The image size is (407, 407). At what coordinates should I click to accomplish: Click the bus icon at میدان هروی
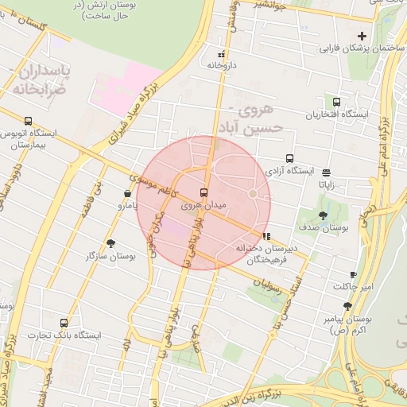[204, 192]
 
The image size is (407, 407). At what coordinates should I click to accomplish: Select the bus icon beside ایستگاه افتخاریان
[336, 103]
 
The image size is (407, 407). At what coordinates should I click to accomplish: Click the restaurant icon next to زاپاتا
[327, 171]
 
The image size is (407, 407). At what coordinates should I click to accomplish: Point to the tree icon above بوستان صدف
[324, 215]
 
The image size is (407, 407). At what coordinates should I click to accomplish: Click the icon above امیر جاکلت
[353, 275]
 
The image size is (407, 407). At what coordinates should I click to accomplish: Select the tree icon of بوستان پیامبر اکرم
[347, 306]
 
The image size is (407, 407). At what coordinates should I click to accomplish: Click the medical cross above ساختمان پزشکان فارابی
[362, 36]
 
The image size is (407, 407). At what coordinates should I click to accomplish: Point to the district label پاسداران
[45, 72]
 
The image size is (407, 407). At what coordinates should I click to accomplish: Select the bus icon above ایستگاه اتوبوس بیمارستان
[29, 122]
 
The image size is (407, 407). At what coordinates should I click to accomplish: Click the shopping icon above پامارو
[128, 193]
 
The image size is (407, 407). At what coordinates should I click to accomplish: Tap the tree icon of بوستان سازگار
[110, 244]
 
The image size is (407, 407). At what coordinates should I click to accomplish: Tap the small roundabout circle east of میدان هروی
[253, 193]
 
